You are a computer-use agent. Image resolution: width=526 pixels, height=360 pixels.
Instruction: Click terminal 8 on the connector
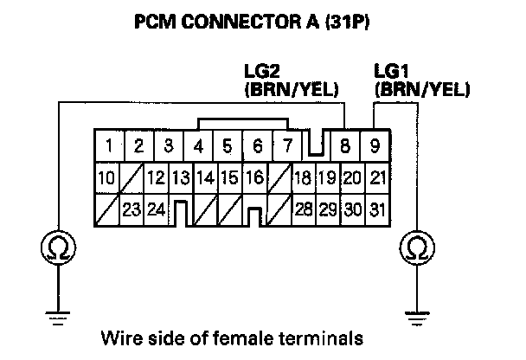345,145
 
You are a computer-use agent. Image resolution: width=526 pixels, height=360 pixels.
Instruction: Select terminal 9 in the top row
375,145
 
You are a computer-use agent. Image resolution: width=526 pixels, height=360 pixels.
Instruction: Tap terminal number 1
108,145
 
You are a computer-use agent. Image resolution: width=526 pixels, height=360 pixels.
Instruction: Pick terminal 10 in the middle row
106,179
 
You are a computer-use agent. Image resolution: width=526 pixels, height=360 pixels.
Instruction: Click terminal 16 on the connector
254,179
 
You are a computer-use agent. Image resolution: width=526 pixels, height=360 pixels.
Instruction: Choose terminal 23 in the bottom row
131,209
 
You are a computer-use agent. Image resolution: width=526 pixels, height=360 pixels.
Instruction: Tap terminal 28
303,209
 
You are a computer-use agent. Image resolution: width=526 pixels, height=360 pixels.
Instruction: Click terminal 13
180,179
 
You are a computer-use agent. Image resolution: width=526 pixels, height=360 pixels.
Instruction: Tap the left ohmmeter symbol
56,249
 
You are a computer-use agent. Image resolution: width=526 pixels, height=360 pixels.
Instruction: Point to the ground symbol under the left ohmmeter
56,317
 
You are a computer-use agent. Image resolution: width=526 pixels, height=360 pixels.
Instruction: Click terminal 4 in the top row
200,145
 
